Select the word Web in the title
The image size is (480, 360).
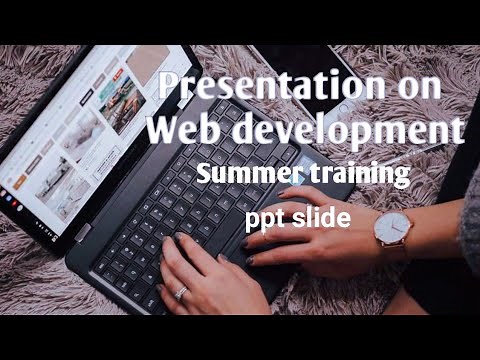point(182,130)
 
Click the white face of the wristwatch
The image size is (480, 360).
point(391,229)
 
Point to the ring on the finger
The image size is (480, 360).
point(181,293)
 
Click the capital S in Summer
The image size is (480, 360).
point(205,175)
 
